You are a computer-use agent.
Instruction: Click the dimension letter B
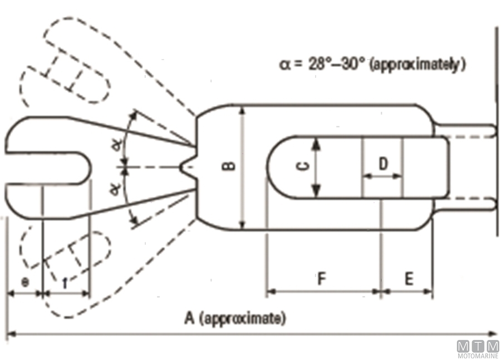point(233,166)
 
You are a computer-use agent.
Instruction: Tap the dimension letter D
point(383,164)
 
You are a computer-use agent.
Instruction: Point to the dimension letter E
point(409,279)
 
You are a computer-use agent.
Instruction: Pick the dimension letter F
point(321,279)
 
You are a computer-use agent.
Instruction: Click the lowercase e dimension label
point(24,282)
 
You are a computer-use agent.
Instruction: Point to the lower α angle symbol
point(115,190)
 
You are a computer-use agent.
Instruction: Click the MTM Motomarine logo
point(478,348)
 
